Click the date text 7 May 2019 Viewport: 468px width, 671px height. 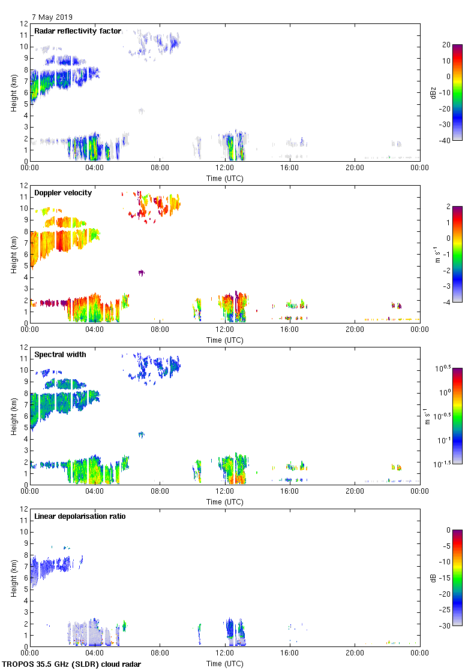click(x=52, y=17)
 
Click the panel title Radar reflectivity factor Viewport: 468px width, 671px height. click(x=77, y=31)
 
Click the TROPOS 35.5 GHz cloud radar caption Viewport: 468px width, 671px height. click(x=72, y=664)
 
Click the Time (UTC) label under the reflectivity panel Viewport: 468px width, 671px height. click(x=225, y=178)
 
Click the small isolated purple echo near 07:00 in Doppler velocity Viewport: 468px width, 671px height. click(x=142, y=273)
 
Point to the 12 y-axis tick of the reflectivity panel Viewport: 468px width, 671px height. click(x=24, y=24)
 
